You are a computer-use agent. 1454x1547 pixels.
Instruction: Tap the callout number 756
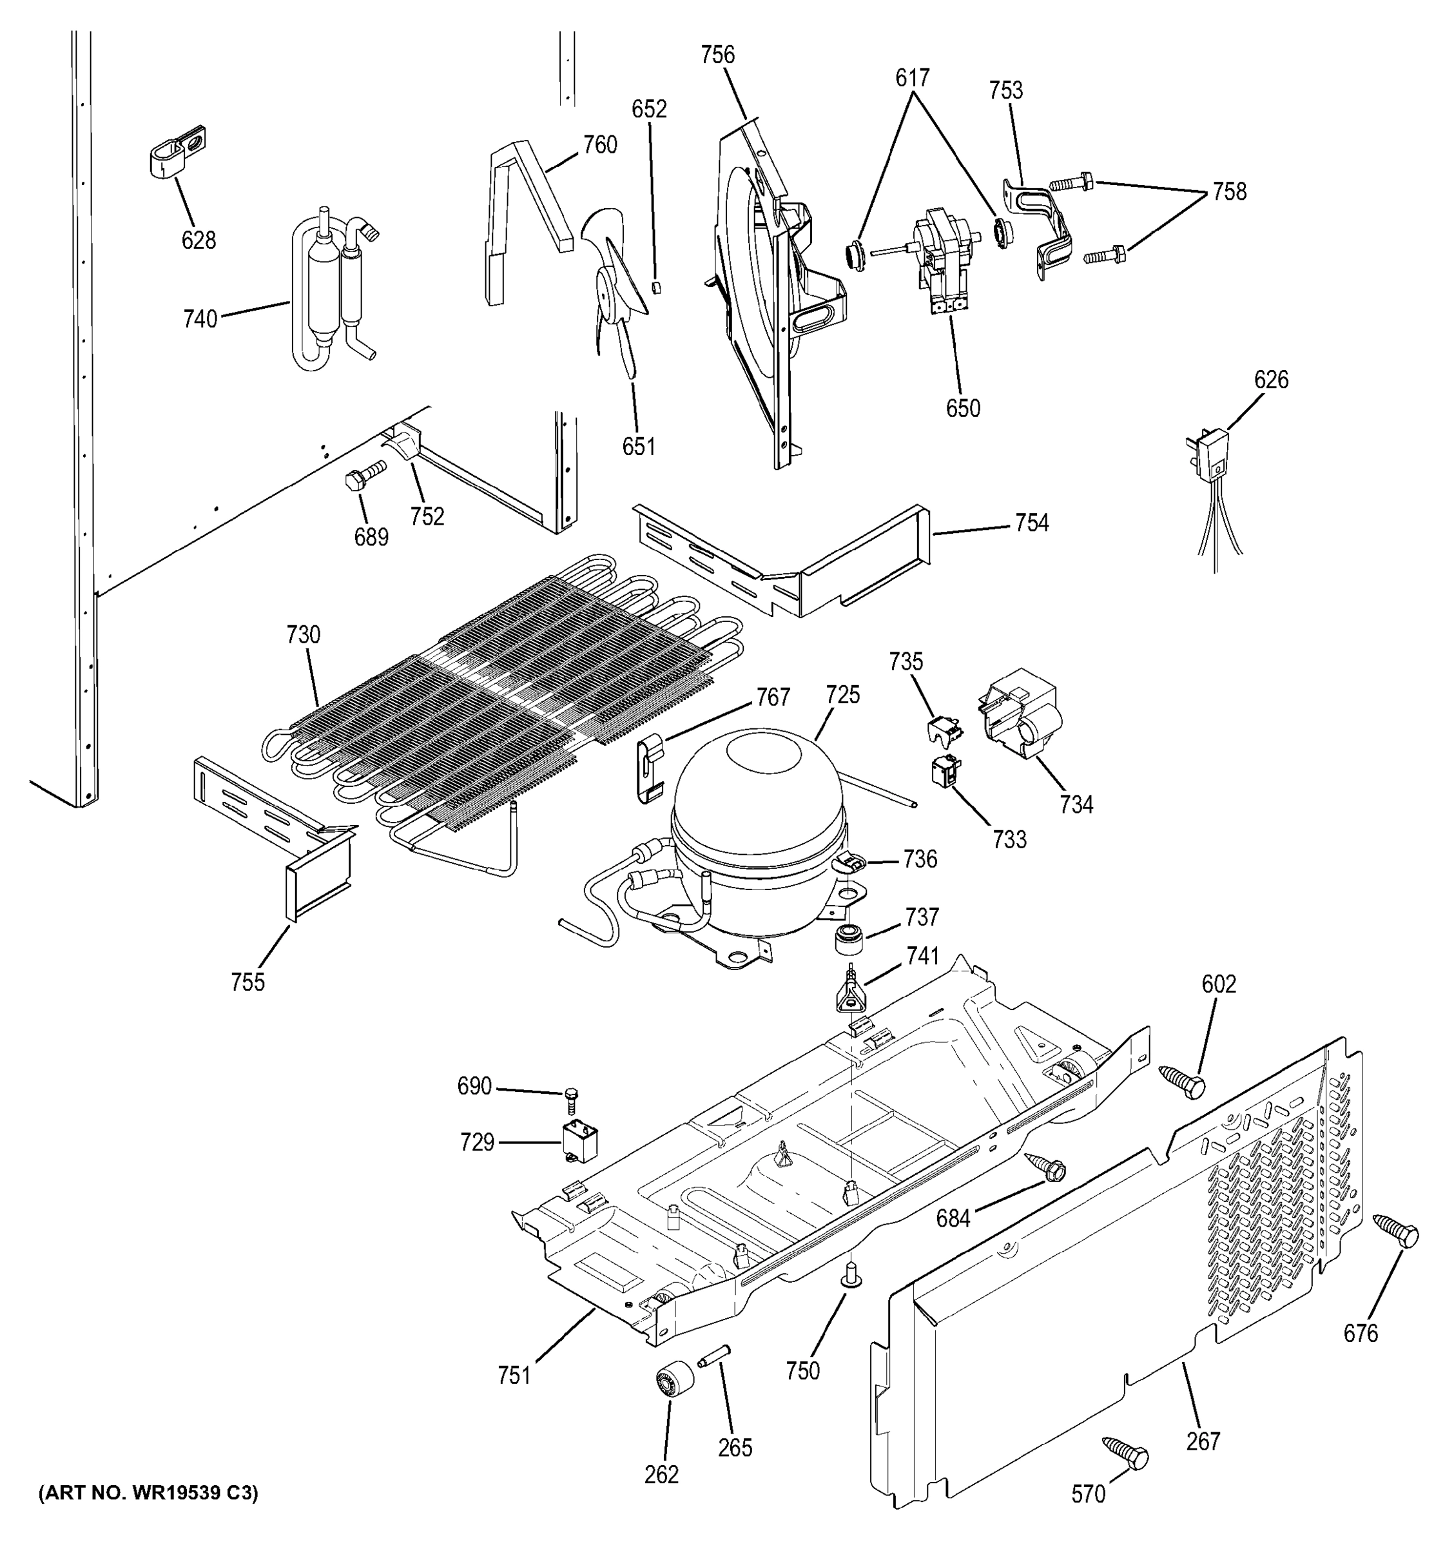pos(717,55)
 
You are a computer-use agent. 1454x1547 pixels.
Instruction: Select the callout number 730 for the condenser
pos(304,635)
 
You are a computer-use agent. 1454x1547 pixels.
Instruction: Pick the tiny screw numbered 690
pos(572,1100)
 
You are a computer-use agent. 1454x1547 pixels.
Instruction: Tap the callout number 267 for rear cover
pos(1203,1441)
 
